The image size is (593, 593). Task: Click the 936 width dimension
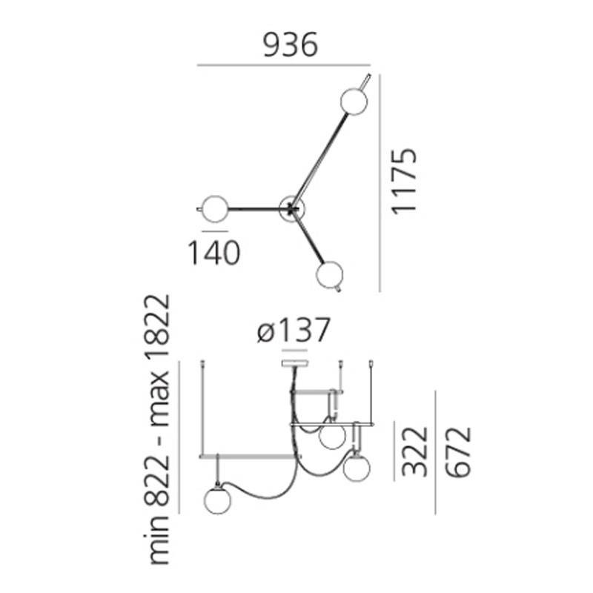291,45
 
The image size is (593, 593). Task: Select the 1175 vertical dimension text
404,182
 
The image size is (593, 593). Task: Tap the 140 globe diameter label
214,253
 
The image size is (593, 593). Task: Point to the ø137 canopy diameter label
294,330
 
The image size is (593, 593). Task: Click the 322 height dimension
415,451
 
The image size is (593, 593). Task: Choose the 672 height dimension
458,452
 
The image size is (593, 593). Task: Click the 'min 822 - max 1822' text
157,430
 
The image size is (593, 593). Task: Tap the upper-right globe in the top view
354,101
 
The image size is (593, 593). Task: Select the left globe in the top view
215,209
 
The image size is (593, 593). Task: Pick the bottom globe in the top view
329,274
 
